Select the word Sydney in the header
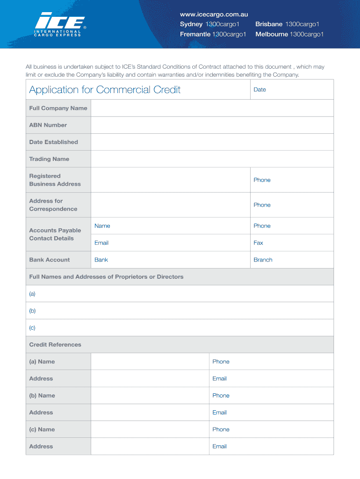[191, 24]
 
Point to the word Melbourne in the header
[272, 34]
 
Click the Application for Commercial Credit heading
[105, 89]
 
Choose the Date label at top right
[259, 89]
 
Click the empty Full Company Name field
[212, 108]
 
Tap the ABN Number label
[48, 125]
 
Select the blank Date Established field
[212, 142]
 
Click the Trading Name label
[49, 159]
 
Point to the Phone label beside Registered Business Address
[262, 180]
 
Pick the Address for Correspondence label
[53, 205]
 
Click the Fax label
[258, 243]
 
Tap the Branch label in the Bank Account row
[263, 260]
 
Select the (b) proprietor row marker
[32, 311]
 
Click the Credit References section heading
[55, 345]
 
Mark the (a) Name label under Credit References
[42, 362]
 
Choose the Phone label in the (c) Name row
[221, 429]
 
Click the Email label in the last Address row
[219, 446]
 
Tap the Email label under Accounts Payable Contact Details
[101, 243]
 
